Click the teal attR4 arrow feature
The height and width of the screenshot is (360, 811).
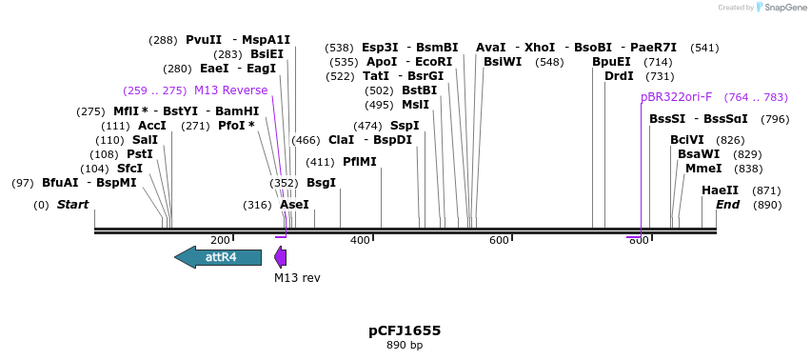218,256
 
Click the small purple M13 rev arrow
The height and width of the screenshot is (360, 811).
280,256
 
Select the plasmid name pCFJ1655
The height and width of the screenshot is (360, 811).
405,330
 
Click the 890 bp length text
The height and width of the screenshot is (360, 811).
405,345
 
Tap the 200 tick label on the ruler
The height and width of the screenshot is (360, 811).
220,240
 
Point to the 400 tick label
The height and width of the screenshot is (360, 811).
360,240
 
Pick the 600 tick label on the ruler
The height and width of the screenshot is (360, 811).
499,240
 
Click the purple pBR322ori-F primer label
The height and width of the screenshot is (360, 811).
676,97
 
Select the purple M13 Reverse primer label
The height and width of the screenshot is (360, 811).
230,90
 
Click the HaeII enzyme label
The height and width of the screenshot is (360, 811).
720,190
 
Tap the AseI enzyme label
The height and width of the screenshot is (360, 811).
294,205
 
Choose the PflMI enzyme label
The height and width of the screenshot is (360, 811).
360,162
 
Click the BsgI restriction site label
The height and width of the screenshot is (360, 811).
321,183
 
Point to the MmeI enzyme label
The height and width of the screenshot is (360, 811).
703,169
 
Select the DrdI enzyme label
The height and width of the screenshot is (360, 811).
619,76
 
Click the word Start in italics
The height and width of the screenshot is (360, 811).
72,205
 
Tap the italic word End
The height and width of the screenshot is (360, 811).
727,205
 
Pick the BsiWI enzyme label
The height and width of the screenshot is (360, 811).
503,62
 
